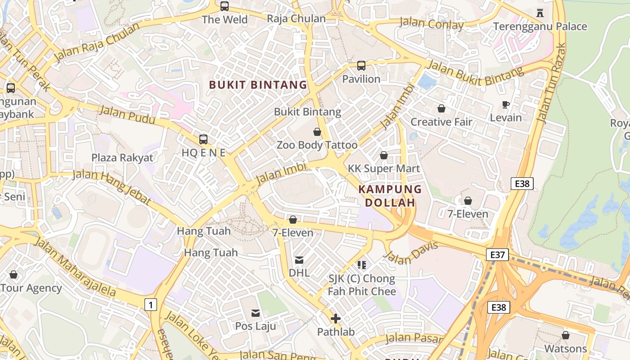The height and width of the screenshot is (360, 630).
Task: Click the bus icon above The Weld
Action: coord(224,6)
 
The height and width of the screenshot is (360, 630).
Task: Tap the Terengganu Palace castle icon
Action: coord(540,13)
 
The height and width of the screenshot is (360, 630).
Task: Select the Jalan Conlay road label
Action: coord(431,24)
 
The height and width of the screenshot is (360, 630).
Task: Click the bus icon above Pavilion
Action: coord(361,66)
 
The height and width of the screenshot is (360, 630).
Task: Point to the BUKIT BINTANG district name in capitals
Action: coord(258,85)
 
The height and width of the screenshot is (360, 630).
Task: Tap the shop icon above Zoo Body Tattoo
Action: coord(317,132)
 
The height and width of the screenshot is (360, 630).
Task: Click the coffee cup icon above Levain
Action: coord(506,105)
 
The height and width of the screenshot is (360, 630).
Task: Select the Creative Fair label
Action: coord(441,122)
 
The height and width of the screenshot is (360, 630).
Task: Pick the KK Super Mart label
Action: coord(384,169)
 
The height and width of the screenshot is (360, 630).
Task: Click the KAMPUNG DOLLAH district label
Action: coord(390,196)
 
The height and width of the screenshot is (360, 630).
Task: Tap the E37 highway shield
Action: coord(497,255)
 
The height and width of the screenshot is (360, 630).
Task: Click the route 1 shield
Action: coord(150,305)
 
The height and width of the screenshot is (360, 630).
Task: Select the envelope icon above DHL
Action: coord(299,260)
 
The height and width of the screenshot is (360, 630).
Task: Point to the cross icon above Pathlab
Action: coord(336,319)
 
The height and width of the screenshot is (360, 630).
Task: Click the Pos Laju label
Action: coord(256,326)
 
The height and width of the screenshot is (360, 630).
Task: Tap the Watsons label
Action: coord(566,349)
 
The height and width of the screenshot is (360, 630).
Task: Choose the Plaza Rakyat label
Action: coord(122,158)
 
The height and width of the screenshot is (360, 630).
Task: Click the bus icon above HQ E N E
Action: coord(203,139)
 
